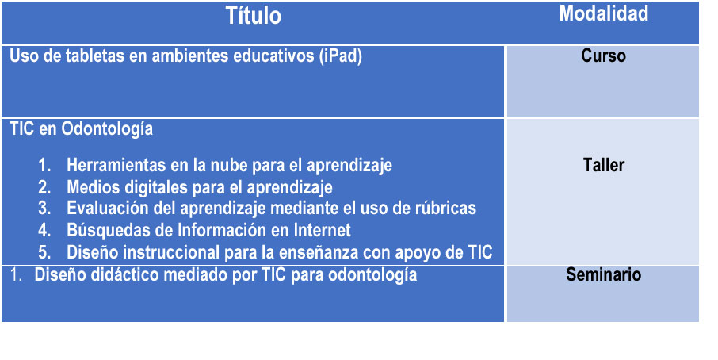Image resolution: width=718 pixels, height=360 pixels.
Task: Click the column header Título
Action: (x=254, y=16)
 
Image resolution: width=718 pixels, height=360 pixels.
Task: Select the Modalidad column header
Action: (x=604, y=13)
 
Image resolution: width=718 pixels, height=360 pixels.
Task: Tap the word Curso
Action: (x=604, y=56)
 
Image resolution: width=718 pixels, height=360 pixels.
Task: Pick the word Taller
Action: (x=604, y=165)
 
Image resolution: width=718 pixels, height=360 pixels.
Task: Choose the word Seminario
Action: (x=604, y=274)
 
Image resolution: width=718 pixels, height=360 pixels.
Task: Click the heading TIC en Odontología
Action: (x=81, y=129)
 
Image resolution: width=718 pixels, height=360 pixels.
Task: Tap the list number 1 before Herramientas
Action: (x=44, y=166)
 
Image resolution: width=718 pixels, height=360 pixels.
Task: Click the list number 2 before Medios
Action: (x=44, y=187)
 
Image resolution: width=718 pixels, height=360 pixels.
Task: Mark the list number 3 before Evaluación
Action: (x=44, y=209)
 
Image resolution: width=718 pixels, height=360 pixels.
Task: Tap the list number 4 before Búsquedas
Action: (x=44, y=231)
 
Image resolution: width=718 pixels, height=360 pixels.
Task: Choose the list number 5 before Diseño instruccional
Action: (x=44, y=252)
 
